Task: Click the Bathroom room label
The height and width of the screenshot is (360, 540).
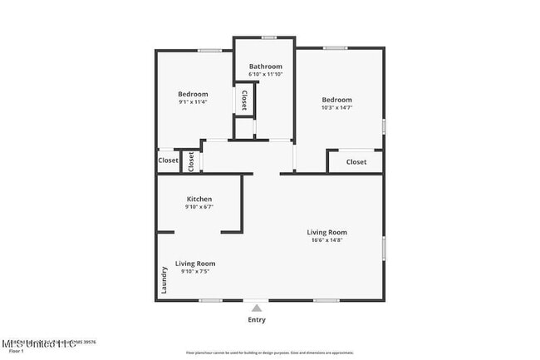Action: (266, 67)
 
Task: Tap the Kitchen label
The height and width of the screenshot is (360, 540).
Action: (199, 199)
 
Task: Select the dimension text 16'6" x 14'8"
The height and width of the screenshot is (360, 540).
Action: (326, 240)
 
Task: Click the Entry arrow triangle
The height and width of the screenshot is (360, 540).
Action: (257, 308)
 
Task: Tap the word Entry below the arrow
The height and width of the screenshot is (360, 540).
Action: (257, 320)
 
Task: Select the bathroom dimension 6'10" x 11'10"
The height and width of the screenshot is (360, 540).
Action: (266, 75)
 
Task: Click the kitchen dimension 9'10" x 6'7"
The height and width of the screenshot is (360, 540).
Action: (199, 207)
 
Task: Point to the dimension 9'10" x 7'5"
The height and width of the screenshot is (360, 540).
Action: (195, 271)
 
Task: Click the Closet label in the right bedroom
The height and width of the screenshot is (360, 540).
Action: (356, 162)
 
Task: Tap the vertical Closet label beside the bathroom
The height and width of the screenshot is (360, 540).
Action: (243, 101)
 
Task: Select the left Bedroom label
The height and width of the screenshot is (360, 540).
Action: (193, 94)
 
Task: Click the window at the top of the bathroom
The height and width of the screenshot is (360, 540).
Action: (268, 37)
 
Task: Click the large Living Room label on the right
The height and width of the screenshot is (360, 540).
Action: (326, 232)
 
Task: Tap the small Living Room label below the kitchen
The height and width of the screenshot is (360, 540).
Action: (195, 264)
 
